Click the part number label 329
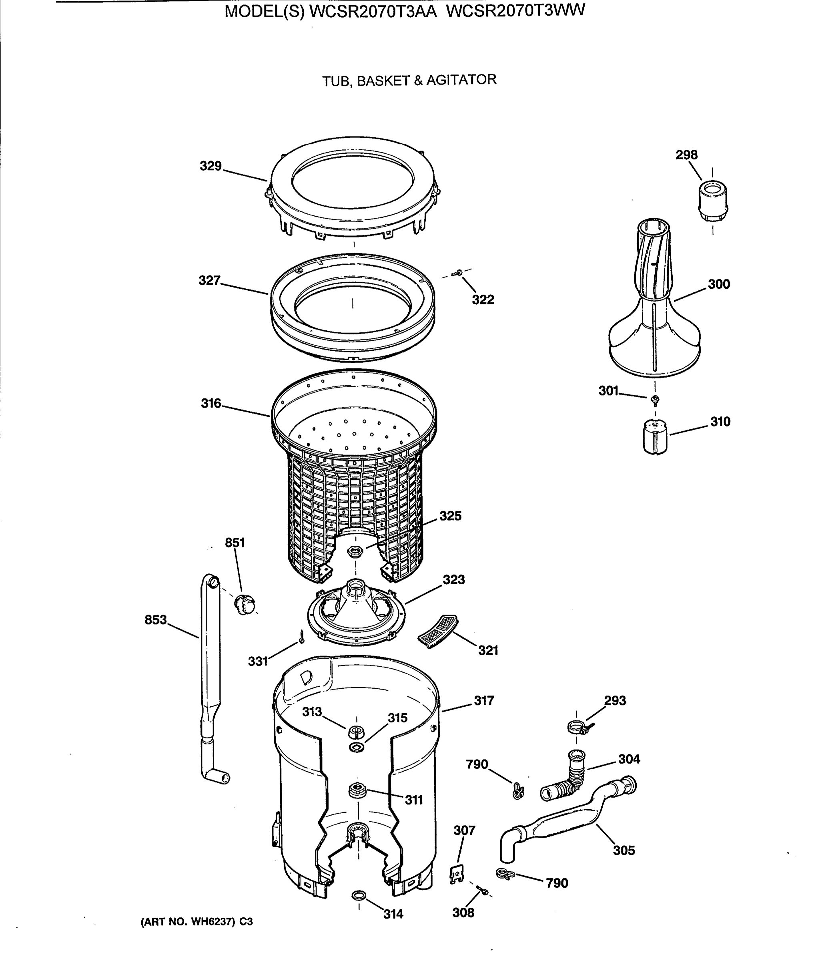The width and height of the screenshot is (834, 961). (x=211, y=166)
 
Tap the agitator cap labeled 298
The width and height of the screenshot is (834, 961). (x=713, y=201)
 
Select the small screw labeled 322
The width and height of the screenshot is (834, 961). (x=458, y=273)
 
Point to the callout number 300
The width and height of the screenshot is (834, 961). (x=719, y=284)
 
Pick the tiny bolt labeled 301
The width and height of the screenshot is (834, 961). (x=655, y=398)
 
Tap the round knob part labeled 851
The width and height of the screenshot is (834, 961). (x=245, y=604)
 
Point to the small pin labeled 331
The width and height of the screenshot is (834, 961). (x=302, y=636)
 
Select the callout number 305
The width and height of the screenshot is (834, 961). (x=623, y=850)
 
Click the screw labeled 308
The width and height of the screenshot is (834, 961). (x=483, y=890)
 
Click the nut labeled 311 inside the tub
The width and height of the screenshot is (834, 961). (x=357, y=790)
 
